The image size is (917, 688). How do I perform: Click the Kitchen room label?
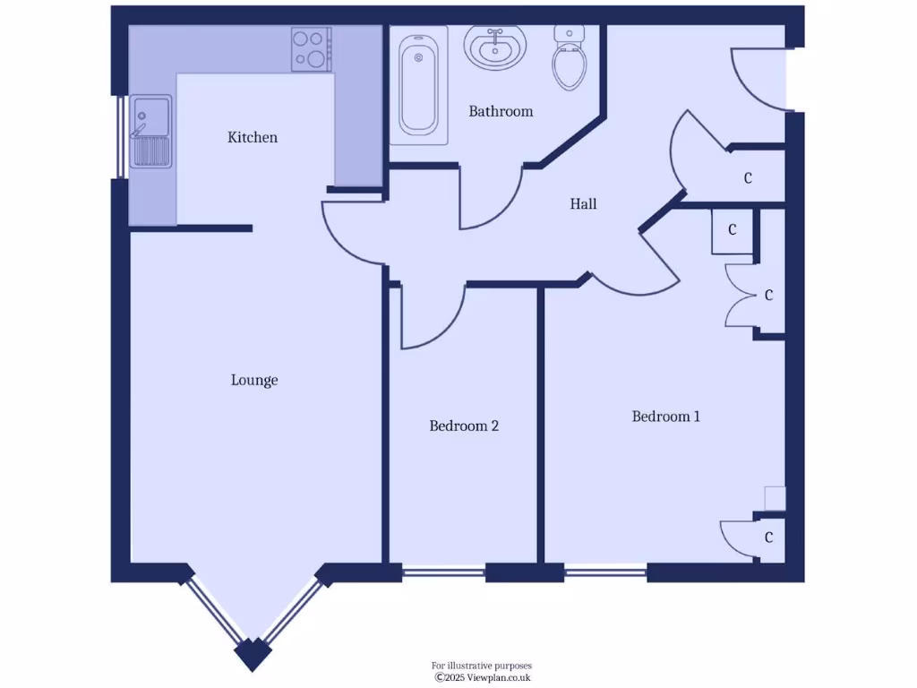point(253,137)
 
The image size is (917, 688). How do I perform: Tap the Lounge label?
point(254,380)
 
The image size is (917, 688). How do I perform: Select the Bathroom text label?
point(501,111)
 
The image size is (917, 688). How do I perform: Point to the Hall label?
point(583,204)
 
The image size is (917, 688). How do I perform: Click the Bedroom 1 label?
point(665,416)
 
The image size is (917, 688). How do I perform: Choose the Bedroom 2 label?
point(464,426)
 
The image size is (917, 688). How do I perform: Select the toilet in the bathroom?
point(569,58)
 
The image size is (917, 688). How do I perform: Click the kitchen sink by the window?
point(150,133)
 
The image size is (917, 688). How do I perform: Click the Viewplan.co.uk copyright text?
point(483,678)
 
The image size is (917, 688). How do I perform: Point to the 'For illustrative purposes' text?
point(482,666)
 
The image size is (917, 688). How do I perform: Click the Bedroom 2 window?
point(443,570)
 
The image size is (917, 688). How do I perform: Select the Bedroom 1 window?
point(605,570)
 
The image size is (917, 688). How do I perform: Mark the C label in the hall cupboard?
point(748,178)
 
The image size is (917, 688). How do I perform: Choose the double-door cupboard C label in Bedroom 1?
point(768,295)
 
